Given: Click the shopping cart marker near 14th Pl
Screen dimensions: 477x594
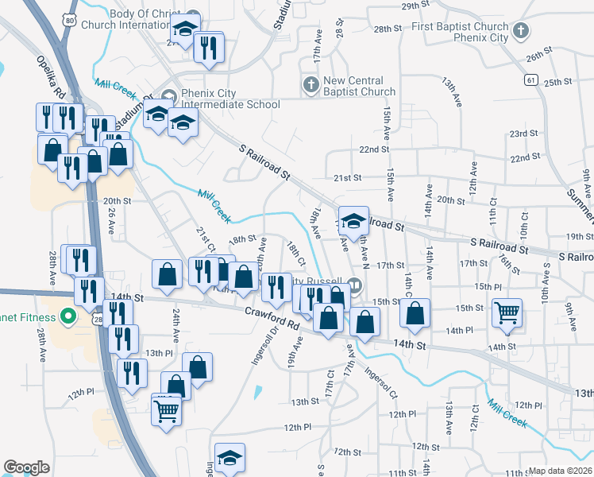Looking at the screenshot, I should [506, 312].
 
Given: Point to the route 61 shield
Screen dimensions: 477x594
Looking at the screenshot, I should [530, 79].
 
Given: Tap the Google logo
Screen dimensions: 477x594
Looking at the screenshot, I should [26, 467].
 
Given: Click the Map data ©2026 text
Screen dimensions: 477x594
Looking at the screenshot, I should [561, 471].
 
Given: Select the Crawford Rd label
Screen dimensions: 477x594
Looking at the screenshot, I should [271, 320].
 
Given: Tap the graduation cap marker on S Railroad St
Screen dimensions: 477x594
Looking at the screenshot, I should [353, 220].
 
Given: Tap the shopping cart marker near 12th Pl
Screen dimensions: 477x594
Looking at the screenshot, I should [167, 410].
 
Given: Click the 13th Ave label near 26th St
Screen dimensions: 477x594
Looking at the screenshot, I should [453, 88].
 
